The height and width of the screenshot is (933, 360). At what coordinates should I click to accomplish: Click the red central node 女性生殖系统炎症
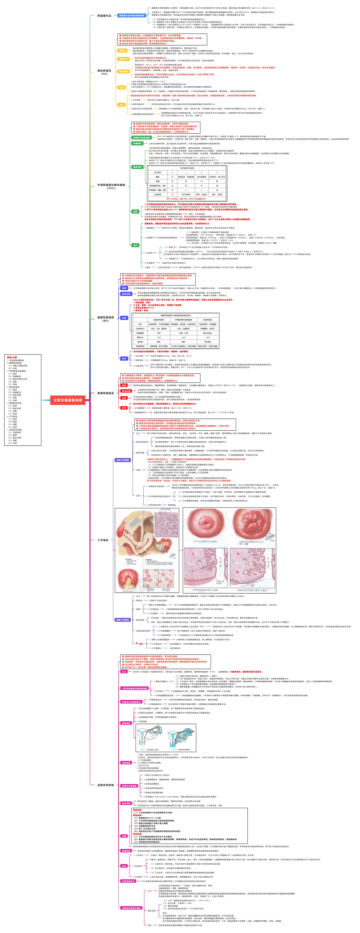[67, 400]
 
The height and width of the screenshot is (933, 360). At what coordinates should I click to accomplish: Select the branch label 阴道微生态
[104, 16]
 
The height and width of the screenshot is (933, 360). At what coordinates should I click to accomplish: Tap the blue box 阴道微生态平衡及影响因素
[131, 16]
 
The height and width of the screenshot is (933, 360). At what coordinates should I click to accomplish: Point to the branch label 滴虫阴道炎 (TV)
[104, 72]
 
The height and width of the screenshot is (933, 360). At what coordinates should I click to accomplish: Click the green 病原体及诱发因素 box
[141, 138]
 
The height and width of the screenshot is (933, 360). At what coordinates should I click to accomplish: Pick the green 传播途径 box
[137, 144]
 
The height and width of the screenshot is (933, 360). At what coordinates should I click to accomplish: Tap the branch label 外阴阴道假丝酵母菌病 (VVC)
[111, 186]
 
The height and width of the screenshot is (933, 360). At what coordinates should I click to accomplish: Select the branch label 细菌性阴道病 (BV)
[106, 319]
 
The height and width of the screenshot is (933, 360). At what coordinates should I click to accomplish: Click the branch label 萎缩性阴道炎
[106, 393]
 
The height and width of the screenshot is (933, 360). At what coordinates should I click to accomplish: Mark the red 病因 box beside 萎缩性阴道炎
[124, 385]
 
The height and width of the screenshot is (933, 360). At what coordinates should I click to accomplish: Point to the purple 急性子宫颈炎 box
[122, 460]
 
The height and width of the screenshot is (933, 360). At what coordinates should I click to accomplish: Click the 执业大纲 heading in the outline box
[12, 357]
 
